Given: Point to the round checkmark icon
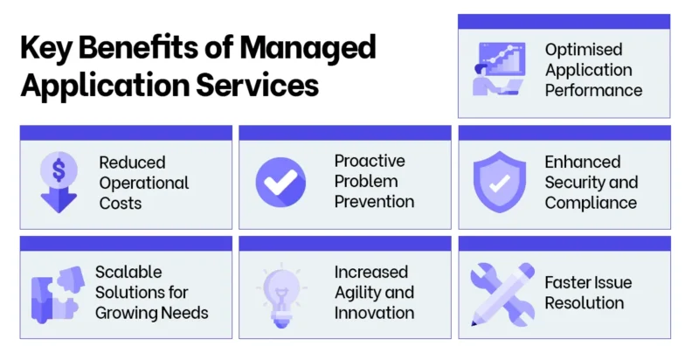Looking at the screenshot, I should (280, 182).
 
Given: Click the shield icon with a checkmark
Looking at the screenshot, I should (498, 183).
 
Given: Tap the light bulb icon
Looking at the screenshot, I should (280, 291).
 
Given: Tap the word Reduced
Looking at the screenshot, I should (132, 163).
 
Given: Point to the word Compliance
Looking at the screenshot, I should (591, 203).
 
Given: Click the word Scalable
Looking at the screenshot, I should (128, 273).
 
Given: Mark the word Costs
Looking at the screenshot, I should (121, 203).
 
